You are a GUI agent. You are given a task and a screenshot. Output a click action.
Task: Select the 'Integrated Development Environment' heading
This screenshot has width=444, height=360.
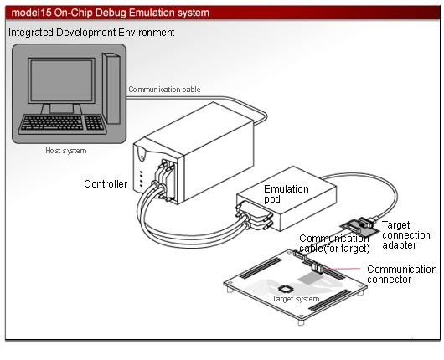[x=91, y=32]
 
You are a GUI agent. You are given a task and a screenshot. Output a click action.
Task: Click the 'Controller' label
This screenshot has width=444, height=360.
[x=106, y=183]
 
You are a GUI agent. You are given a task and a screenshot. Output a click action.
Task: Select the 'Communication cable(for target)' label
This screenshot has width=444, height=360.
[x=335, y=244]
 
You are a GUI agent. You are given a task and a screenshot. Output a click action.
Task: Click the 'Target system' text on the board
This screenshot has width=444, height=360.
[x=296, y=298]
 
